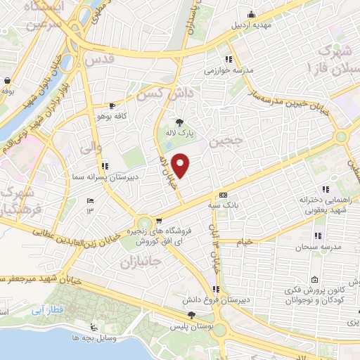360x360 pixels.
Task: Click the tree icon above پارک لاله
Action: tap(179, 121)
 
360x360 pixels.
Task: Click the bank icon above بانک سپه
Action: tap(224, 194)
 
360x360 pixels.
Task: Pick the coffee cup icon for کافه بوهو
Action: tap(112, 105)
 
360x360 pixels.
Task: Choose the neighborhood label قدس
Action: tap(98, 61)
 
